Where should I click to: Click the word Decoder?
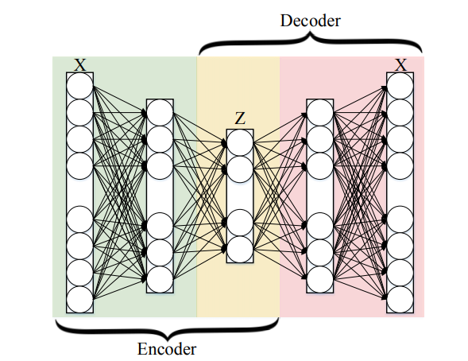pos(311,21)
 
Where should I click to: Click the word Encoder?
pos(167,349)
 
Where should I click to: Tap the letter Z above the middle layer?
pos(240,118)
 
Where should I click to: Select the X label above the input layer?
pos(80,64)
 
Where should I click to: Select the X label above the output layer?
pos(400,64)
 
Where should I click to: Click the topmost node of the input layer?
pos(79,86)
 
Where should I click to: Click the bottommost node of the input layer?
pos(79,299)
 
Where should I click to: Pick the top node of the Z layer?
pos(240,142)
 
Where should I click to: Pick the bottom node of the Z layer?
pos(240,250)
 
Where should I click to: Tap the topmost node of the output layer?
pos(400,86)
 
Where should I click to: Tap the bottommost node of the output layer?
pos(400,299)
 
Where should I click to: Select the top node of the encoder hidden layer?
pos(160,113)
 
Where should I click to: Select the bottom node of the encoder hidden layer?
pos(160,279)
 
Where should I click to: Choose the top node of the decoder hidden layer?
pos(320,113)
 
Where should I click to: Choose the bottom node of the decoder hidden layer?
pos(320,279)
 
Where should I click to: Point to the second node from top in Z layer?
pos(240,169)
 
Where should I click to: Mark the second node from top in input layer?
pos(79,113)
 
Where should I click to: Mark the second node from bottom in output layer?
pos(400,273)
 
